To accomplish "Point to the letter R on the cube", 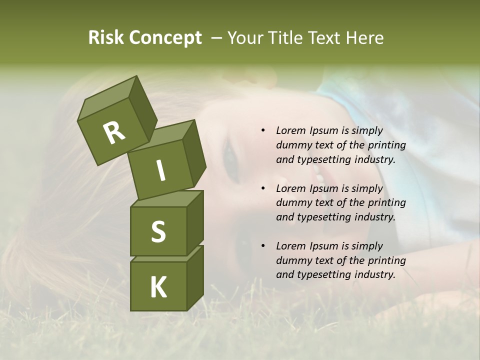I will click(x=114, y=133).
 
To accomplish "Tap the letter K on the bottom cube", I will click(x=158, y=287).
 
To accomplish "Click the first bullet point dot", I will click(x=263, y=130).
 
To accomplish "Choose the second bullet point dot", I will click(x=263, y=188).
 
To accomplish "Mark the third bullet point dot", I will click(x=263, y=246).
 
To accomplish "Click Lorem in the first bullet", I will click(x=290, y=130).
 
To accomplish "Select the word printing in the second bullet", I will click(x=387, y=203).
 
